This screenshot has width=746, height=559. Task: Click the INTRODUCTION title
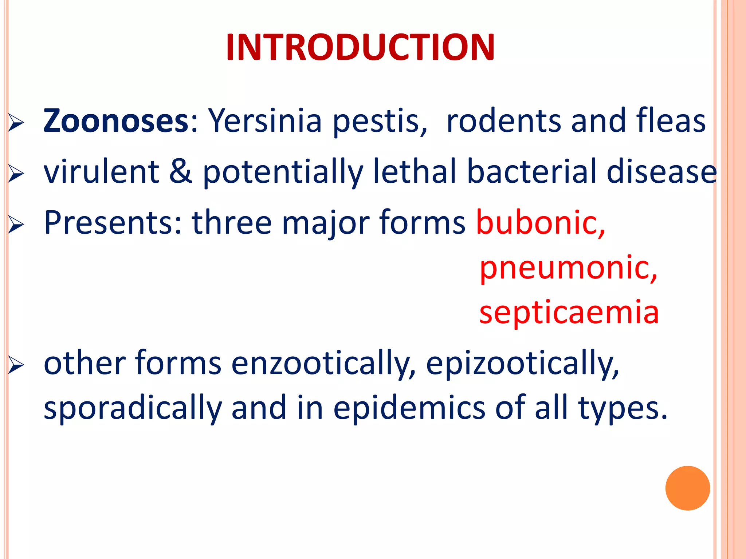tap(360, 48)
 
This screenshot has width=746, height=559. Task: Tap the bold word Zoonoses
tap(115, 121)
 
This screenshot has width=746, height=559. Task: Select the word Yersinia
tap(265, 121)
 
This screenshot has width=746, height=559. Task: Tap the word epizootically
tap(522, 363)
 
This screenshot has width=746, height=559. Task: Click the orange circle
tap(687, 488)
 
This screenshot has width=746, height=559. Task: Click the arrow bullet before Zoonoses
tap(16, 123)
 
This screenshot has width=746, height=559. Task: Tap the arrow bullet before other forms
tap(16, 365)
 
